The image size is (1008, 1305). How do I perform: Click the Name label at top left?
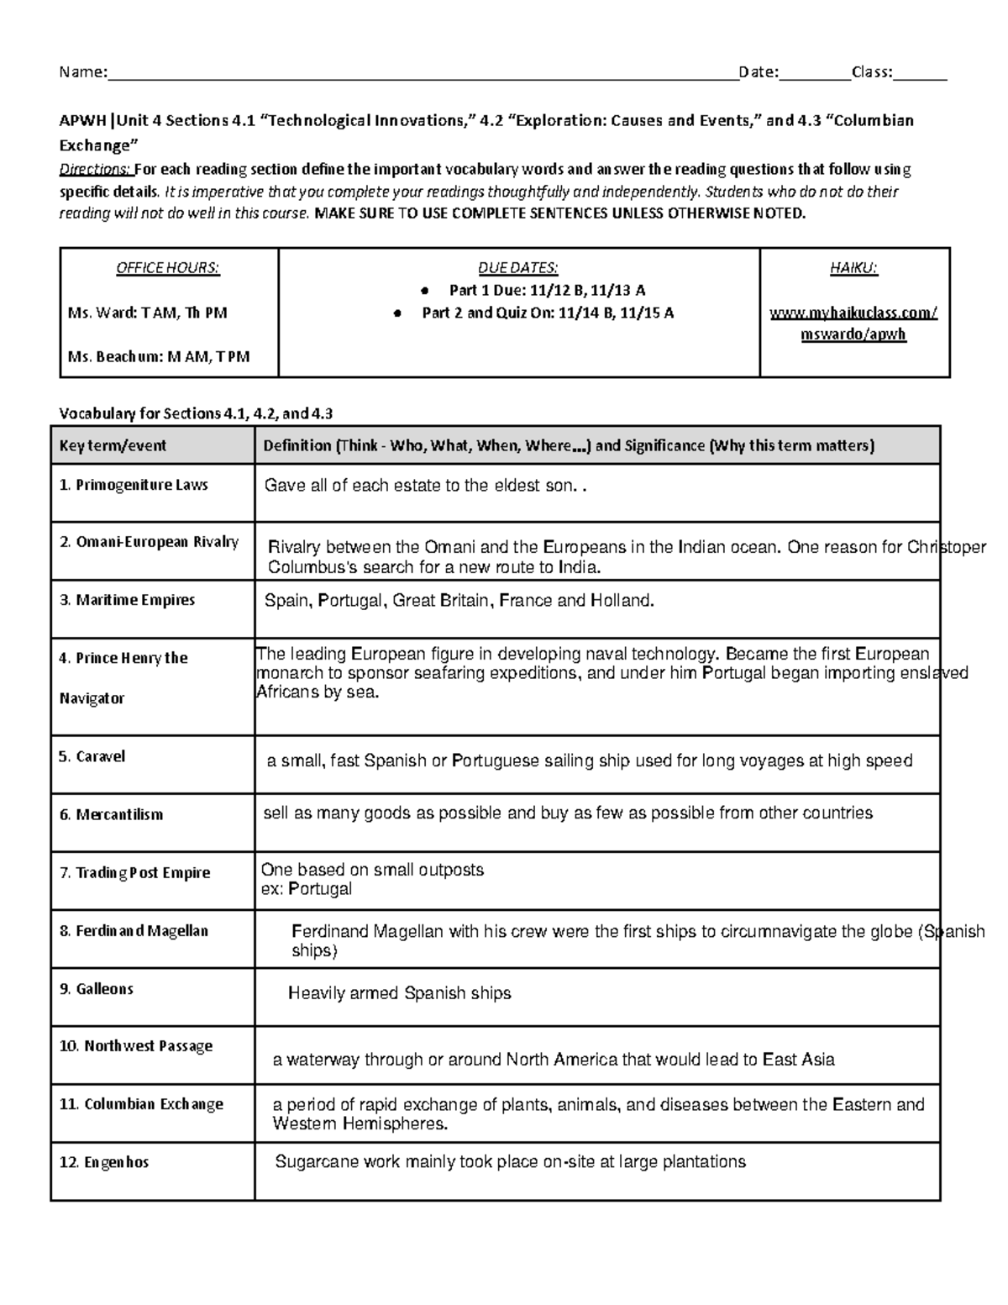click(x=81, y=72)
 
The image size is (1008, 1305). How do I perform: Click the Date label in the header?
click(x=758, y=72)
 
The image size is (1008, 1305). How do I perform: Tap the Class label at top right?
click(x=872, y=72)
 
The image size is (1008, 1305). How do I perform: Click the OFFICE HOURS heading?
click(x=168, y=268)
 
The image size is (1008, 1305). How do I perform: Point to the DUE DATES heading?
click(x=517, y=268)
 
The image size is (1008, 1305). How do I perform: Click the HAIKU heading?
click(x=853, y=268)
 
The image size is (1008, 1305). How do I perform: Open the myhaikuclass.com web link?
click(x=853, y=324)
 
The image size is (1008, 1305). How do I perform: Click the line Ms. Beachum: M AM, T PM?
click(x=159, y=356)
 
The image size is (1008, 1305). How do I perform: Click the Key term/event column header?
click(x=113, y=446)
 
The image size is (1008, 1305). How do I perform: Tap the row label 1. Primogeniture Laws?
click(x=134, y=485)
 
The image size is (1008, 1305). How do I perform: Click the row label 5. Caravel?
click(x=92, y=756)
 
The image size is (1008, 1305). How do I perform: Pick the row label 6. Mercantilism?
click(x=111, y=814)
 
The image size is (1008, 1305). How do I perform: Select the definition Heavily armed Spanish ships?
click(x=399, y=993)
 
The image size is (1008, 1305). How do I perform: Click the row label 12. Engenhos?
click(x=103, y=1162)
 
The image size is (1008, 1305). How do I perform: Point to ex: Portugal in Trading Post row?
click(x=307, y=889)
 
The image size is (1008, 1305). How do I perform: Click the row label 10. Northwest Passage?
click(x=135, y=1046)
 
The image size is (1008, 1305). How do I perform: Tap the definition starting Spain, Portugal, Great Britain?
click(x=459, y=601)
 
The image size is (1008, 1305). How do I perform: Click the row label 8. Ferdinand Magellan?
click(x=134, y=931)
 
